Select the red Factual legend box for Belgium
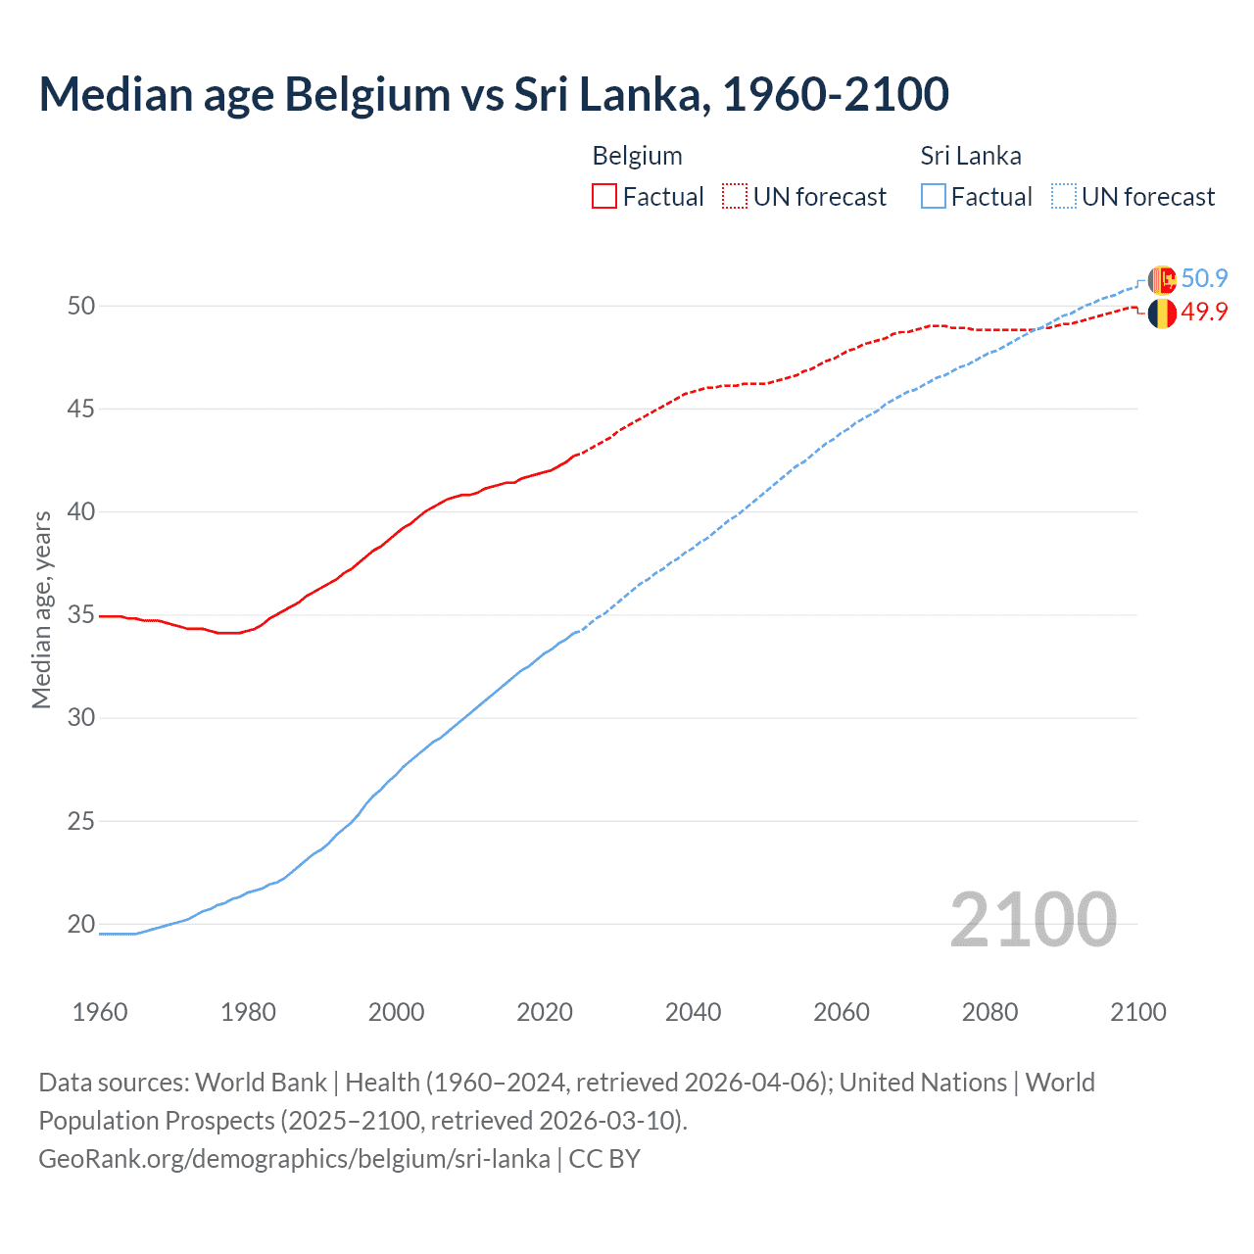click(604, 196)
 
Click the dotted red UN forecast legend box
click(735, 196)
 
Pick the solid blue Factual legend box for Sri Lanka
click(934, 196)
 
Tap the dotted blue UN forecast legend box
click(1063, 196)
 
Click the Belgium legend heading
click(637, 156)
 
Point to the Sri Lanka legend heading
click(970, 156)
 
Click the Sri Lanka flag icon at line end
click(1162, 280)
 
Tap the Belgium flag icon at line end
click(1162, 313)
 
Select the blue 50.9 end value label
click(1204, 278)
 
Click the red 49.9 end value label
click(1204, 312)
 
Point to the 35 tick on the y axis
click(81, 615)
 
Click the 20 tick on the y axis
click(81, 924)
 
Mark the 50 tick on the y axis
click(81, 306)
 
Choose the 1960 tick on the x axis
click(100, 1012)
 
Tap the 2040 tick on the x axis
click(693, 1012)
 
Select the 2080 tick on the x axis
click(989, 1012)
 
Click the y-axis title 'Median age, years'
click(41, 609)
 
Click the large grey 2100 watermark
click(1033, 920)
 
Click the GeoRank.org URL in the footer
click(294, 1159)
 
